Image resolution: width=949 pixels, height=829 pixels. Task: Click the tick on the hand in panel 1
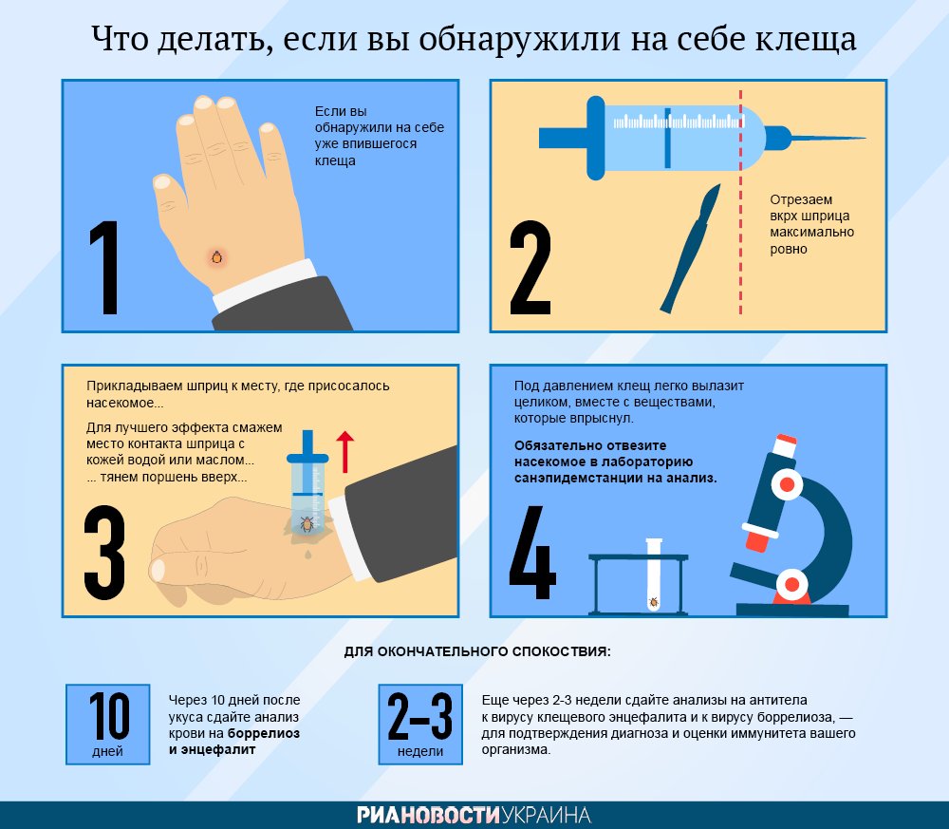[216, 257]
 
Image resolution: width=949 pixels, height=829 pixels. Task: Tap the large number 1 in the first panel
[104, 267]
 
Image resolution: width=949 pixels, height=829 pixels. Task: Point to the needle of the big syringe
[816, 139]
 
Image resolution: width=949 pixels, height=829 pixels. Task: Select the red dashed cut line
[740, 202]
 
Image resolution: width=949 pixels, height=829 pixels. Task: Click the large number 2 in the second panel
[530, 267]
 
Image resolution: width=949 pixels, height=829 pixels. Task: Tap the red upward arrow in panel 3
[344, 452]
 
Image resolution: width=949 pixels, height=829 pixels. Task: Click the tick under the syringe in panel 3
[307, 524]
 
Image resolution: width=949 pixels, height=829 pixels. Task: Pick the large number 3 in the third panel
[104, 553]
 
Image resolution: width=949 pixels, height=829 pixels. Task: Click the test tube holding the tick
[654, 575]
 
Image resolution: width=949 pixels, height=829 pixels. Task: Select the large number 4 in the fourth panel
[532, 553]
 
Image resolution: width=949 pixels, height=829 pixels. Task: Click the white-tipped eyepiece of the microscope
[785, 446]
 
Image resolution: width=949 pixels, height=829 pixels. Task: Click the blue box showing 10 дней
[108, 725]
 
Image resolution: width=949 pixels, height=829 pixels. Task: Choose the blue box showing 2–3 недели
[420, 725]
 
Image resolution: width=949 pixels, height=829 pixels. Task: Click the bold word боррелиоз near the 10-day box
[263, 733]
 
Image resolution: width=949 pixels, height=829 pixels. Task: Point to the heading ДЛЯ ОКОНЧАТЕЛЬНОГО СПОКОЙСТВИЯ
[477, 651]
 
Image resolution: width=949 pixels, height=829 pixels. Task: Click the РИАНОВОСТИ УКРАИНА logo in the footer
[474, 815]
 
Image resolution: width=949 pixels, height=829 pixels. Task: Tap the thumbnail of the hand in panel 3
[158, 571]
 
